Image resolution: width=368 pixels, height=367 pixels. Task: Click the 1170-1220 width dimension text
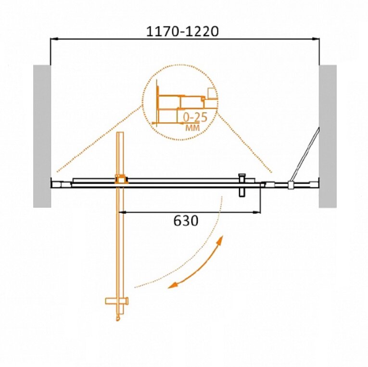click(x=182, y=32)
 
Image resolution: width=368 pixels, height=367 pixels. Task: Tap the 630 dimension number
click(x=186, y=221)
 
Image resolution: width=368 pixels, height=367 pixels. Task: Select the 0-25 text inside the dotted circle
click(x=195, y=117)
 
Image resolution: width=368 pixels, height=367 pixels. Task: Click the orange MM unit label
click(x=193, y=127)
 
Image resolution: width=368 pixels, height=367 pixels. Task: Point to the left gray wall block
click(x=42, y=136)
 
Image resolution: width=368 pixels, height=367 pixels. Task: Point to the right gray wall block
click(x=328, y=136)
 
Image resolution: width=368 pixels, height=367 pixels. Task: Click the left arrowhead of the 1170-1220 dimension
click(x=53, y=38)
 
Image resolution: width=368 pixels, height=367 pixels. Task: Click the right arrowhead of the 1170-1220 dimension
click(x=316, y=38)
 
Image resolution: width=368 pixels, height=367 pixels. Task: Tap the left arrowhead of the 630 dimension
click(x=122, y=212)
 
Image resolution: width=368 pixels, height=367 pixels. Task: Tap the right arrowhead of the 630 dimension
click(x=257, y=212)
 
